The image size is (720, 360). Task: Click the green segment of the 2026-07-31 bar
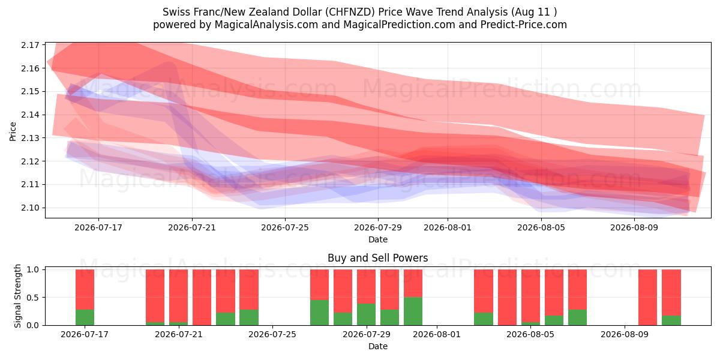coord(413,311)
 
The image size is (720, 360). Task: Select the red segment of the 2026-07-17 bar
coord(85,290)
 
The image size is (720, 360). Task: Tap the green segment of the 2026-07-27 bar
coord(319,313)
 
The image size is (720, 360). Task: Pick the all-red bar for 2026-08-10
coord(647,298)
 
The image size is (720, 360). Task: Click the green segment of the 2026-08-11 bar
coord(671,320)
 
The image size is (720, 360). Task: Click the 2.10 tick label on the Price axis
coord(29,208)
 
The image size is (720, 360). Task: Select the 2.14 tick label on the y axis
coord(29,115)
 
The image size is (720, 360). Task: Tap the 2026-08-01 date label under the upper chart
coord(448,227)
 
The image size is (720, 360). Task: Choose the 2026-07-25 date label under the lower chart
coord(272,334)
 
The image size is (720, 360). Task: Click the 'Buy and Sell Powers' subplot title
coord(377,258)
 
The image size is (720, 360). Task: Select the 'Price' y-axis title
coord(13,131)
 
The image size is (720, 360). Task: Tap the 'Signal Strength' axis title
coord(17,296)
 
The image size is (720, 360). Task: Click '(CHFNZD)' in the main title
coord(350,12)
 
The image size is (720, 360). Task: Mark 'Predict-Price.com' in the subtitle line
coord(524,25)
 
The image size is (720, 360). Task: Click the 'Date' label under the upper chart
coord(377,239)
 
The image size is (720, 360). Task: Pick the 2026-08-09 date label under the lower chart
coord(625,334)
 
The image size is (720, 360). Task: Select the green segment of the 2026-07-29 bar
coord(366,314)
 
